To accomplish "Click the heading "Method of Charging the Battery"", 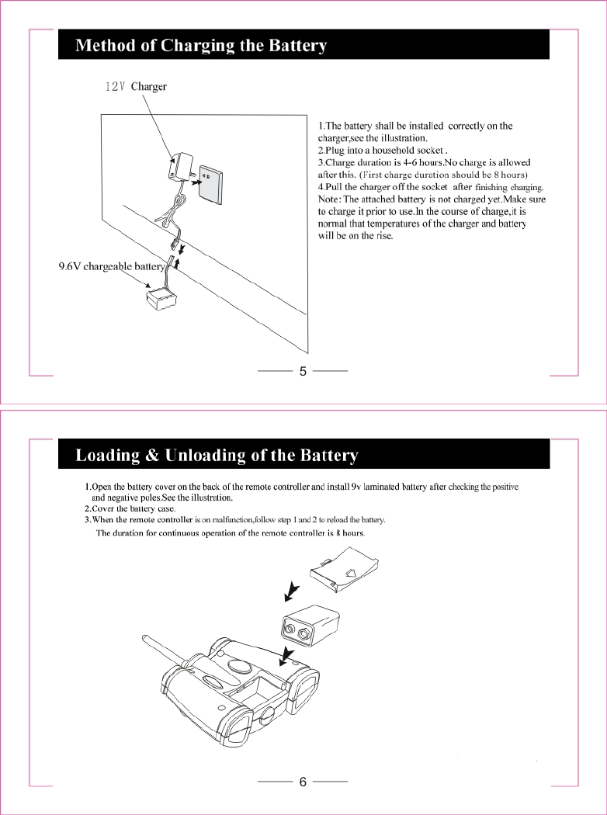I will [200, 46].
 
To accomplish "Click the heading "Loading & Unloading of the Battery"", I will [216, 456].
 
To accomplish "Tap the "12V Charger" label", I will [136, 87].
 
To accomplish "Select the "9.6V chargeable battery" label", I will [112, 267].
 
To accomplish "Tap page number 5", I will [303, 372].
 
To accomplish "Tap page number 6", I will [303, 782].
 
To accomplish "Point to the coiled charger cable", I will [174, 208].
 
